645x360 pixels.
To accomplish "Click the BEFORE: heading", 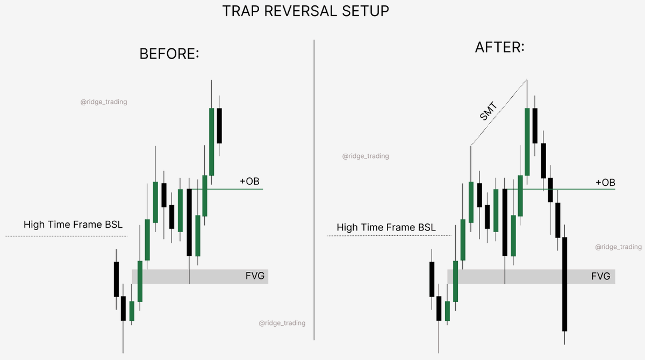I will (169, 54).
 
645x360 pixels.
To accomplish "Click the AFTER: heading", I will (500, 47).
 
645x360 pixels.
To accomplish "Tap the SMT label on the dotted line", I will (488, 111).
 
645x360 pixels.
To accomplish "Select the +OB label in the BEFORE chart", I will (249, 181).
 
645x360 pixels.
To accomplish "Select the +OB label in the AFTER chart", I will (605, 183).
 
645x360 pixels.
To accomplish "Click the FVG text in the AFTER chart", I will (600, 277).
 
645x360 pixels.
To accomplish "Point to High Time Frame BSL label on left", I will (70, 225).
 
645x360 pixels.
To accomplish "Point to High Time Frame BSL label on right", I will (386, 228).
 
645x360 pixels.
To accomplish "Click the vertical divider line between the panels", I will (314, 188).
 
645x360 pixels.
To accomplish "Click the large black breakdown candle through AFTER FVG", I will (565, 284).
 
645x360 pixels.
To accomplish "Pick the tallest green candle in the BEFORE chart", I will (212, 142).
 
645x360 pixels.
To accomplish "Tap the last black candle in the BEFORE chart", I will (219, 125).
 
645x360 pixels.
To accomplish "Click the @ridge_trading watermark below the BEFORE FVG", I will (282, 323).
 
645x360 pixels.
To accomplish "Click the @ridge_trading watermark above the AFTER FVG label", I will (618, 247).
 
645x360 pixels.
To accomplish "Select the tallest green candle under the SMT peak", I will (527, 142).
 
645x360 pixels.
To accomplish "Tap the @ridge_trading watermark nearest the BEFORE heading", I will (104, 102).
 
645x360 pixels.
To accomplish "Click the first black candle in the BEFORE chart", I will (116, 279).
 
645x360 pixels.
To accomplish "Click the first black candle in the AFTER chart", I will (431, 279).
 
